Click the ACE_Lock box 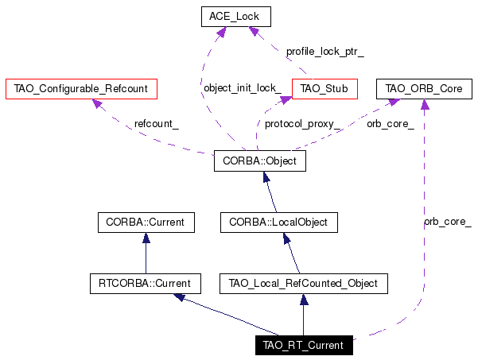click(236, 17)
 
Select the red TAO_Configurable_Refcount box click(81, 89)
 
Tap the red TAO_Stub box click(324, 89)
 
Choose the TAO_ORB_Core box click(424, 89)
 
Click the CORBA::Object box click(260, 161)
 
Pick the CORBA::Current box click(146, 223)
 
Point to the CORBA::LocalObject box click(279, 223)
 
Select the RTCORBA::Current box click(146, 284)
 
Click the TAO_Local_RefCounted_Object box click(304, 284)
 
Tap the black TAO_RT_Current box click(304, 345)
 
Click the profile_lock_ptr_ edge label click(325, 52)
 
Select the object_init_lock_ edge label click(243, 88)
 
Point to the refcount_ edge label click(157, 124)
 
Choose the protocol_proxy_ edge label click(302, 124)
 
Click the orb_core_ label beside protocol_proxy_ click(391, 124)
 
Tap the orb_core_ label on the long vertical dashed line click(448, 222)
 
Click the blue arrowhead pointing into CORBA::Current click(146, 238)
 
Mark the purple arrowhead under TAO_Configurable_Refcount click(97, 103)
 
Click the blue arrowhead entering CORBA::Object click(266, 177)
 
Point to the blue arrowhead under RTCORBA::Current click(179, 297)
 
